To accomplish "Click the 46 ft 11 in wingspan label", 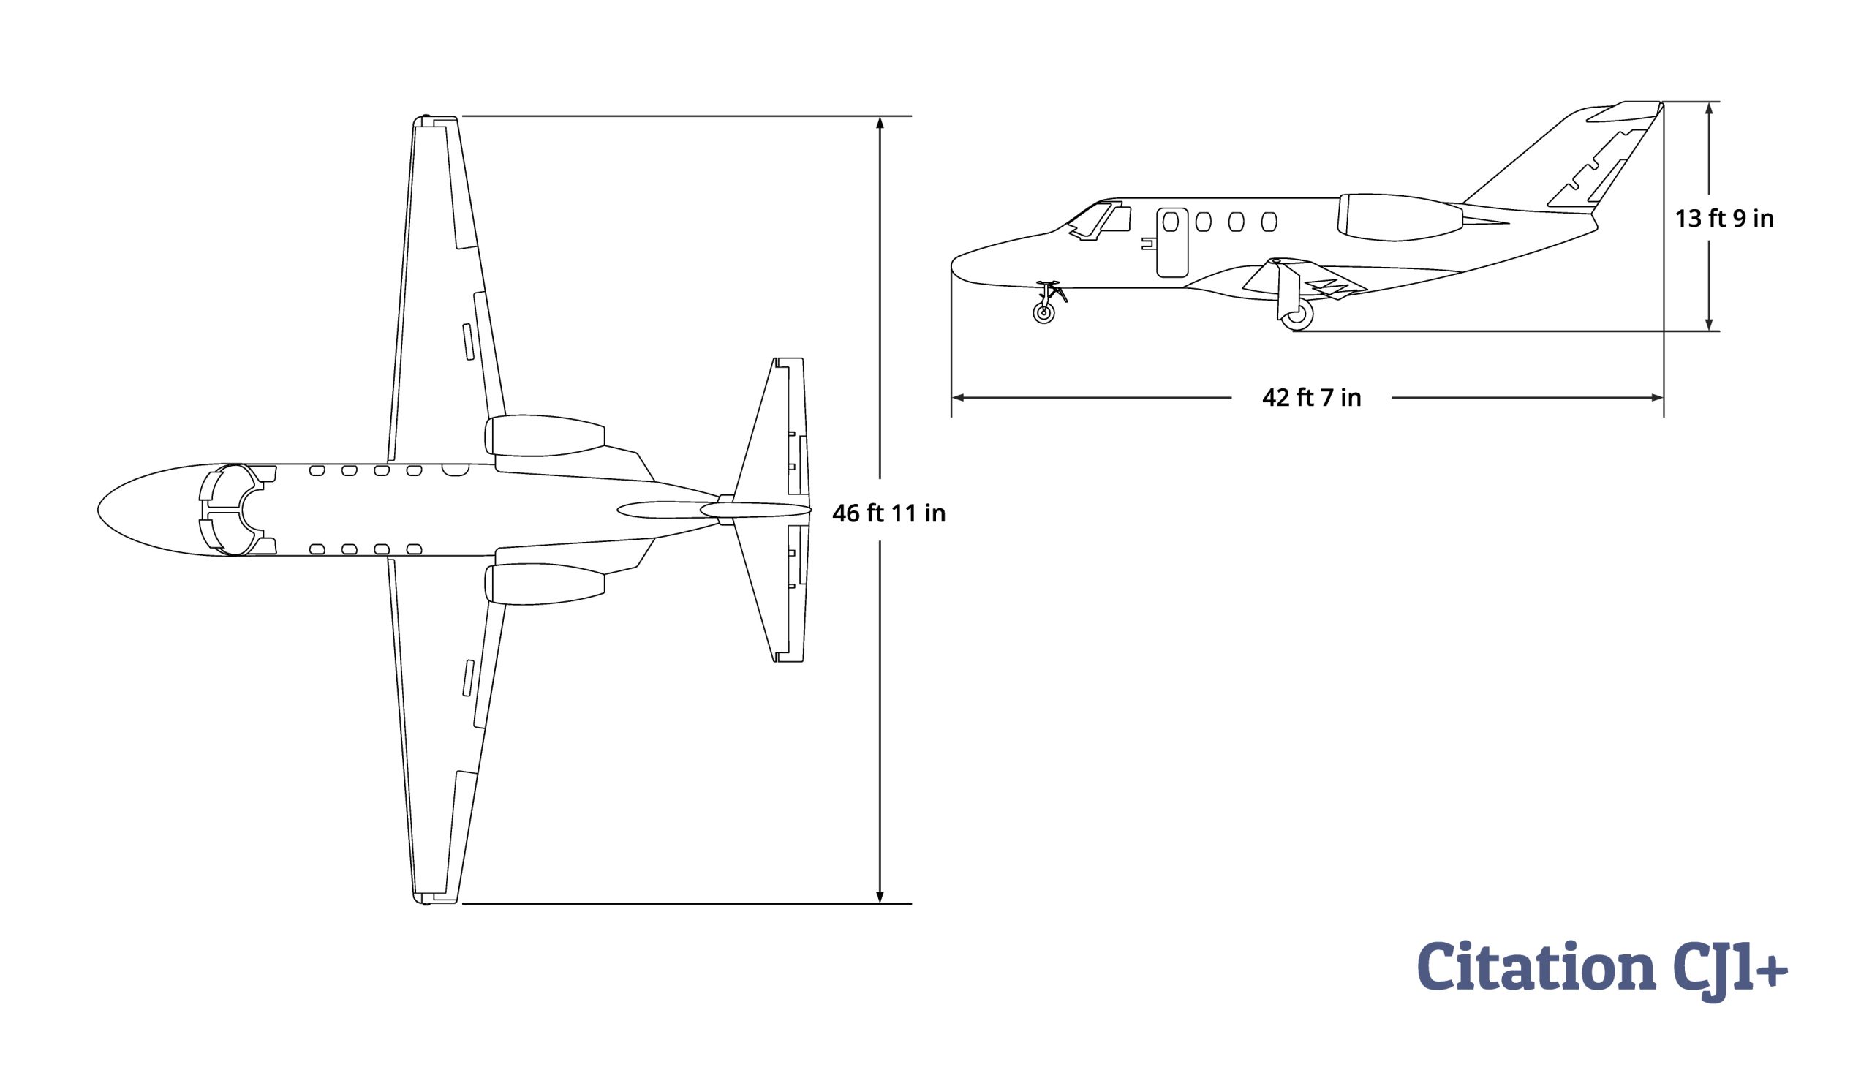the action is pos(888,513).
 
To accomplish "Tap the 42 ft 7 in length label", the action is pos(1311,398).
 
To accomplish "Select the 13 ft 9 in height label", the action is pos(1724,218).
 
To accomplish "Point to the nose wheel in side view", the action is pos(1043,313).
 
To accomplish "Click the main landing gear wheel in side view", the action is pos(1297,314).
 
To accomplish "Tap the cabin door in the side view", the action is pos(1172,243).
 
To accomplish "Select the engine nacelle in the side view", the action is pos(1400,216).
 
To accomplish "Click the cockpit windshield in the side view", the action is pos(1092,219).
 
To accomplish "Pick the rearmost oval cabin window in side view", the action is pos(1269,221).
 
